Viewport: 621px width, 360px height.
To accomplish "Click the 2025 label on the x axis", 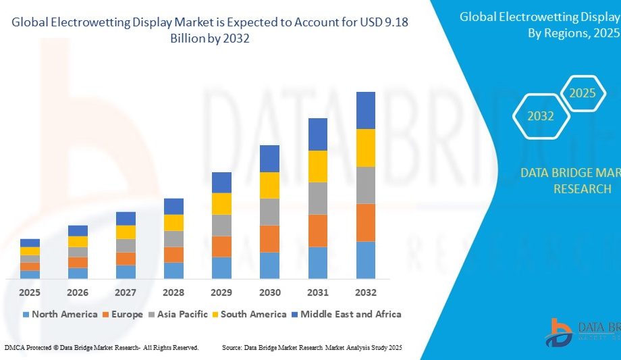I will tap(30, 292).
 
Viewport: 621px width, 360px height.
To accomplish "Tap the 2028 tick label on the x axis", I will tap(173, 292).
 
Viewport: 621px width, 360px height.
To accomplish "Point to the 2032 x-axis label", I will tap(365, 292).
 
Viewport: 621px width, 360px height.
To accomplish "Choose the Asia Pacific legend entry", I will tap(182, 314).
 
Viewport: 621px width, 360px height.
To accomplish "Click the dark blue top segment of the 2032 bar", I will tap(365, 110).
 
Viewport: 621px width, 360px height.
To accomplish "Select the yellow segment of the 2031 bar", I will tap(317, 166).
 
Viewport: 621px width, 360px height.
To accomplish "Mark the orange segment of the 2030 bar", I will tap(269, 238).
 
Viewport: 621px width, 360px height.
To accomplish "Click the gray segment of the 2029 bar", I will tap(221, 225).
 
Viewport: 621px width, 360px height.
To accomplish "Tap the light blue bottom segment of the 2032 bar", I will tap(365, 260).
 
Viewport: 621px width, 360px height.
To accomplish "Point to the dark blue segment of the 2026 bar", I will tap(78, 230).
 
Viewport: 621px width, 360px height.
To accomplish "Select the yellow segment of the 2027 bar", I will tap(126, 232).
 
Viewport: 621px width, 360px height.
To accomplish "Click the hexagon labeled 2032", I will tap(540, 116).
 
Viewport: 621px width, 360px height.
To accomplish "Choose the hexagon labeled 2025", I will tap(582, 93).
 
